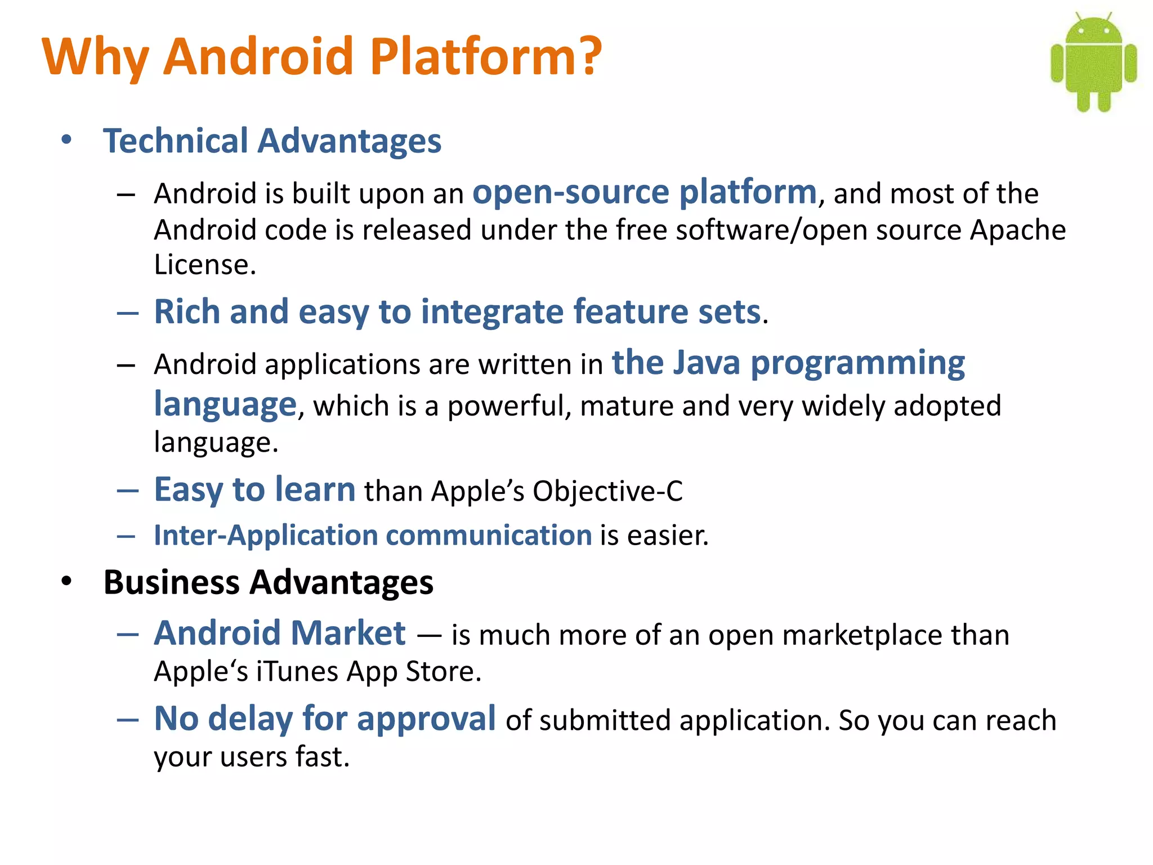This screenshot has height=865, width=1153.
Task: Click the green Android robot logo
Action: (1093, 62)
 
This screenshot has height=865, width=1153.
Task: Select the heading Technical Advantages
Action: (272, 141)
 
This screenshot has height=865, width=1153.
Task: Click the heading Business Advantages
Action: (268, 582)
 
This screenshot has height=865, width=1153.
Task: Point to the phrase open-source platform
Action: (644, 192)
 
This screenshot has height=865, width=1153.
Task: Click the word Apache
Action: (1017, 230)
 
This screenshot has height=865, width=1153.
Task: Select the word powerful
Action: (510, 406)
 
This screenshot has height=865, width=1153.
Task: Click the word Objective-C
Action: (607, 491)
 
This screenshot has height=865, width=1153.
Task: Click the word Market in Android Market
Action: (348, 634)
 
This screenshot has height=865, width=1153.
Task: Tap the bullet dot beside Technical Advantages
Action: (67, 140)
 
